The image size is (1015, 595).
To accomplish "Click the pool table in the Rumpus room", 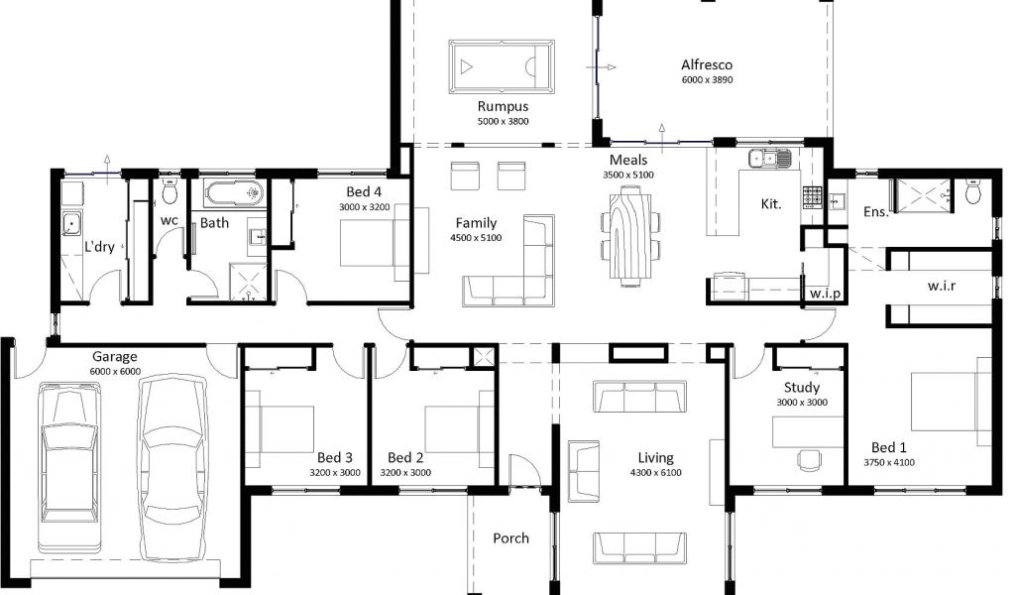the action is pos(502,66).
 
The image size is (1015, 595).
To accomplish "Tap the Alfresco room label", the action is pos(707,64).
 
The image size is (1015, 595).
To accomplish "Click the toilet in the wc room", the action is pos(169,192).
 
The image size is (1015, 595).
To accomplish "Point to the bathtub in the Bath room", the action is pos(234,193).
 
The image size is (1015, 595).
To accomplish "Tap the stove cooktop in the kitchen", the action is pos(813,196).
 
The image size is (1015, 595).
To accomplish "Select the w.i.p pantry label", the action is pos(825,294).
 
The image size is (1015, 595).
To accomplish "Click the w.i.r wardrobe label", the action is pos(941,285).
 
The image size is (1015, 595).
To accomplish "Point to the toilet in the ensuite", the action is pos(973,191).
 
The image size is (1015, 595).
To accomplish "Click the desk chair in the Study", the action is pos(809,459).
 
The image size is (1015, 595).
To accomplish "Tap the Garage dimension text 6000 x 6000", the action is pos(115,372).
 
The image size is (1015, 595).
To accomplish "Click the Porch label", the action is pos(510,538).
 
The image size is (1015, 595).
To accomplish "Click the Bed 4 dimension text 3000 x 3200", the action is pos(365,207).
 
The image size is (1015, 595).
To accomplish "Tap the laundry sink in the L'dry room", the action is pos(71,223).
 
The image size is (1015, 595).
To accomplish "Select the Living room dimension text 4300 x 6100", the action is pos(656,473).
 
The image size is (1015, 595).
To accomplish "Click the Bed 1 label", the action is pos(889,447).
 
